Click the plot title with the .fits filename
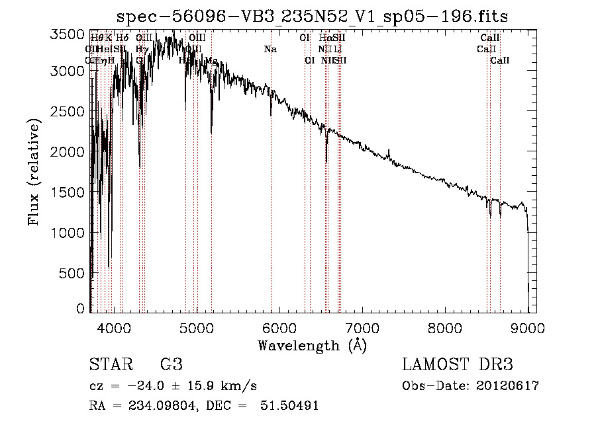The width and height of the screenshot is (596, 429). click(312, 17)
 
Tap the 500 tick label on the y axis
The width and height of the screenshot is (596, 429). click(75, 273)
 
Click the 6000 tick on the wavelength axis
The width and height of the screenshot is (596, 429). click(279, 327)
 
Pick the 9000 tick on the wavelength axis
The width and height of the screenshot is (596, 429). click(528, 327)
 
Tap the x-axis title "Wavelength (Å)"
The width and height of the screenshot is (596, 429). click(312, 345)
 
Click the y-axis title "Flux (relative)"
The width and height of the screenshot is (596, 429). click(34, 172)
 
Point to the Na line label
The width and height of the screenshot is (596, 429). click(270, 50)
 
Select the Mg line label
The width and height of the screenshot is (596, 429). click(211, 60)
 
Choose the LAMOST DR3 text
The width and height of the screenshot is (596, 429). click(458, 365)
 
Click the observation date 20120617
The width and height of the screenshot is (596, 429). click(508, 386)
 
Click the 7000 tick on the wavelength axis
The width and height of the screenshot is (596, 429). click(362, 327)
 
